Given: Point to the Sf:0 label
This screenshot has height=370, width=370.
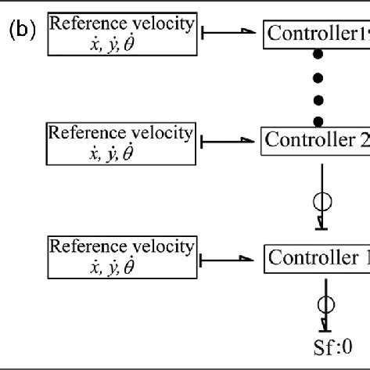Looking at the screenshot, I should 321,343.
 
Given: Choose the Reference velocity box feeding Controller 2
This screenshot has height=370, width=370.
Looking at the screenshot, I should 120,142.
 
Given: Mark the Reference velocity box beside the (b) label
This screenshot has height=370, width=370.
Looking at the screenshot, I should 120,34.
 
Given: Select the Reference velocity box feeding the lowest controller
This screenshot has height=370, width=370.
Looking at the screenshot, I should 120,257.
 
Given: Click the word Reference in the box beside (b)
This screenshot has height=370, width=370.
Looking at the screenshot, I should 84,24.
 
